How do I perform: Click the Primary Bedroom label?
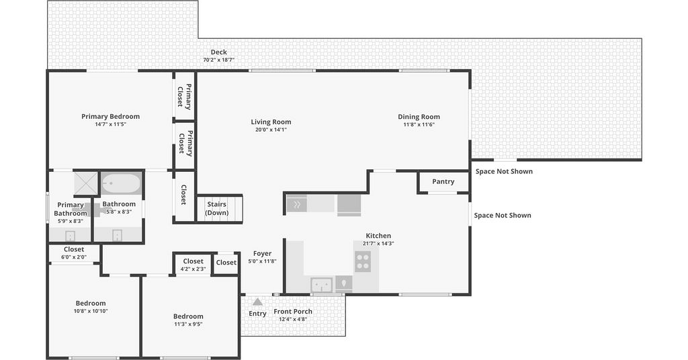pyautogui.click(x=111, y=116)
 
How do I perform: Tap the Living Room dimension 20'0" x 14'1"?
pyautogui.click(x=271, y=130)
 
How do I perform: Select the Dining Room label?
pyautogui.click(x=419, y=117)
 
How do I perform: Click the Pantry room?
pyautogui.click(x=443, y=181)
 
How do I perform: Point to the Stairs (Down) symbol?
pyautogui.click(x=219, y=209)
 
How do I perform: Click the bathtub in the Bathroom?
pyautogui.click(x=122, y=183)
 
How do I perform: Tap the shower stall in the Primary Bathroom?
pyautogui.click(x=85, y=183)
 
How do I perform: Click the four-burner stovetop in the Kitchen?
pyautogui.click(x=363, y=261)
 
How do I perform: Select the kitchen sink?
pyautogui.click(x=322, y=285)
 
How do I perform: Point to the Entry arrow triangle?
pyautogui.click(x=257, y=302)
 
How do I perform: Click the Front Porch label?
pyautogui.click(x=293, y=312)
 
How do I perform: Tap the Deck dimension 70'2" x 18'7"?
pyautogui.click(x=218, y=60)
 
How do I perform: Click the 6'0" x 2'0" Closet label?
pyautogui.click(x=74, y=249)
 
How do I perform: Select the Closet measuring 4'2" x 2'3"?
pyautogui.click(x=193, y=265)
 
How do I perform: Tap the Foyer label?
pyautogui.click(x=263, y=253)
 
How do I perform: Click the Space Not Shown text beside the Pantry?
pyautogui.click(x=504, y=171)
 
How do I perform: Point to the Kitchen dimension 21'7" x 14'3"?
pyautogui.click(x=378, y=243)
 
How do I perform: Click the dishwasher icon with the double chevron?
pyautogui.click(x=296, y=204)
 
